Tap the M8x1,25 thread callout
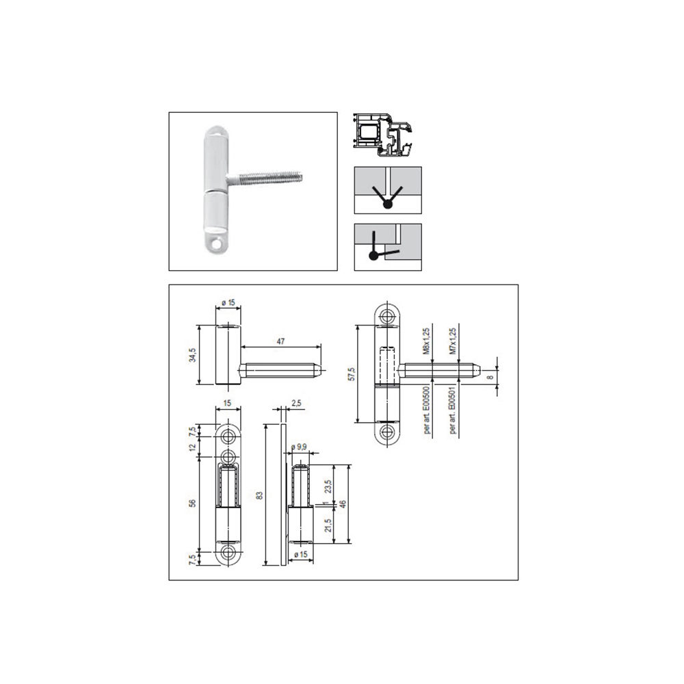coord(425,344)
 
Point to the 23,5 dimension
coord(328,486)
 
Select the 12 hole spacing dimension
coord(193,447)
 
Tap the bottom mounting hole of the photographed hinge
coord(219,242)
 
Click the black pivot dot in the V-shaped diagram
coord(386,203)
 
